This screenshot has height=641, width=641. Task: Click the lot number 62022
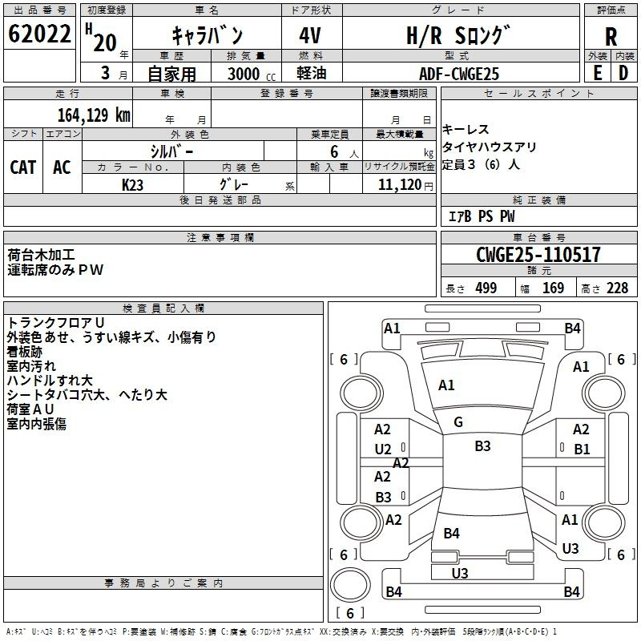coord(39,34)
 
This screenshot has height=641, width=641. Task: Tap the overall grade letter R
coord(611,37)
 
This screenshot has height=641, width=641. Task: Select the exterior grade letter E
coord(597,73)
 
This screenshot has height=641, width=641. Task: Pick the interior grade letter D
coord(623,73)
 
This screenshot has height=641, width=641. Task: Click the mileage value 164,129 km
coord(94,115)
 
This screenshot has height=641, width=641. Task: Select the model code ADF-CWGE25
coord(459,74)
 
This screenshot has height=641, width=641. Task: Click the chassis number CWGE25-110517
coord(538,254)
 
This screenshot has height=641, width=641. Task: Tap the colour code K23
coord(132,185)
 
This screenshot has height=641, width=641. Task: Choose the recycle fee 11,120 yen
coord(405,185)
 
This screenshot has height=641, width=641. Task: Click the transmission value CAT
coord(23,167)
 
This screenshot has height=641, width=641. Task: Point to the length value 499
coord(486,288)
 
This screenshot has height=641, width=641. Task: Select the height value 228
coord(617,288)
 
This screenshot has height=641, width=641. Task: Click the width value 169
coord(553,288)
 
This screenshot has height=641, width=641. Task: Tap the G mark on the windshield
coord(458,422)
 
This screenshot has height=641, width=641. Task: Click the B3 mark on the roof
coord(482,446)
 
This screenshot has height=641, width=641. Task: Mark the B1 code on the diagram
coord(582,450)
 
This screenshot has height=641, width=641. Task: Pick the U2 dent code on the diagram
coord(383,450)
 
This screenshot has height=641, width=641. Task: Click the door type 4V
coord(310,35)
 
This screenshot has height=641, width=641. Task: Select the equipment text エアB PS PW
coord(482,216)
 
